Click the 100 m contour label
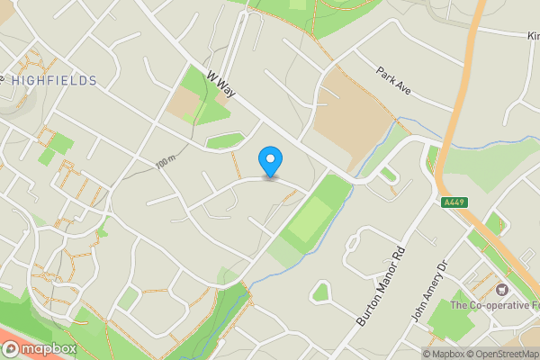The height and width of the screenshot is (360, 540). click(165, 163)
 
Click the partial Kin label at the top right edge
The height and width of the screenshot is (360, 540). click(532, 36)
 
